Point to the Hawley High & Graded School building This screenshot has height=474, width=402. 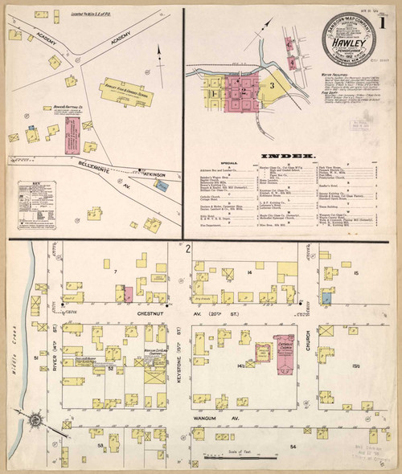point(129,95)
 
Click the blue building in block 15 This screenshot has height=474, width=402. point(326,296)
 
